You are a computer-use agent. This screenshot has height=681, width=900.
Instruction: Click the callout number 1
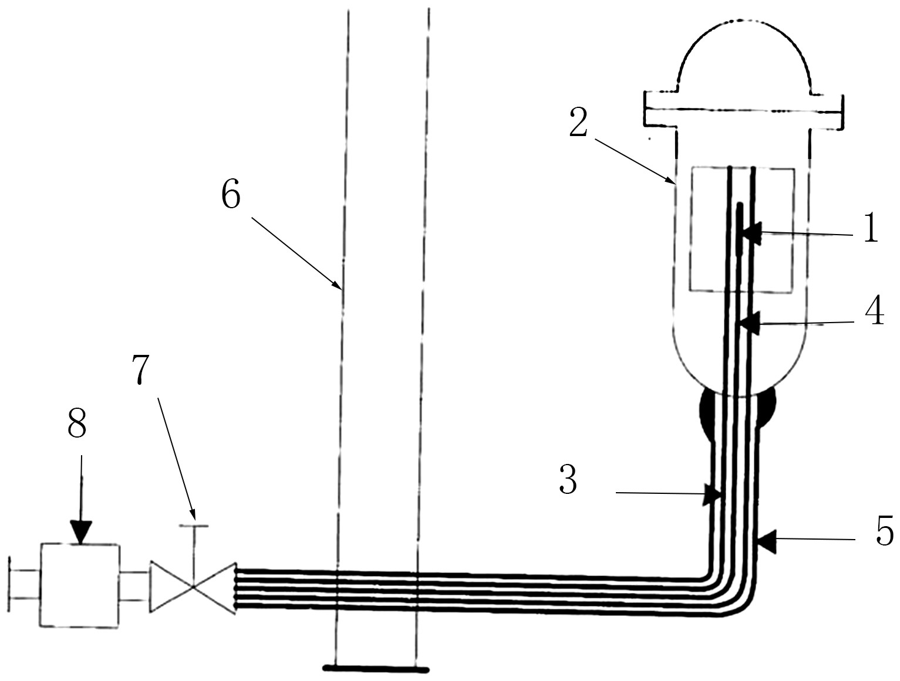coord(871,229)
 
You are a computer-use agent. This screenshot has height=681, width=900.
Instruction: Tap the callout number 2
coord(578,124)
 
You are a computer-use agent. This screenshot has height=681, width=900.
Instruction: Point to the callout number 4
coord(874,311)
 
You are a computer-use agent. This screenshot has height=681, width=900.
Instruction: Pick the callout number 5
coord(885,531)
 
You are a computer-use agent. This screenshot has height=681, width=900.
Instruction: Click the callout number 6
coord(231,195)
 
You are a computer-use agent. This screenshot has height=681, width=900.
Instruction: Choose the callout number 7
coord(141,370)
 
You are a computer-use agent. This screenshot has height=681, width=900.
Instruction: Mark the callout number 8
coord(77,423)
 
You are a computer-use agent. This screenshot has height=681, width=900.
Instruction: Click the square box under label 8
coord(80,585)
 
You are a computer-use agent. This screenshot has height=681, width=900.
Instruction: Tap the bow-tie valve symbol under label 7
coord(193,587)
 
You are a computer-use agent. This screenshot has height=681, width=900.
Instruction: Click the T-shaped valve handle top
coord(194,526)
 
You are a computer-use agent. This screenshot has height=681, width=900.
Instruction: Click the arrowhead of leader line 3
coord(712,494)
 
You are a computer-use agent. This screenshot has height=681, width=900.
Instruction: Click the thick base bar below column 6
coord(376,668)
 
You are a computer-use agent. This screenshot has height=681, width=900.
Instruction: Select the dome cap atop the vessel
coord(744,59)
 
